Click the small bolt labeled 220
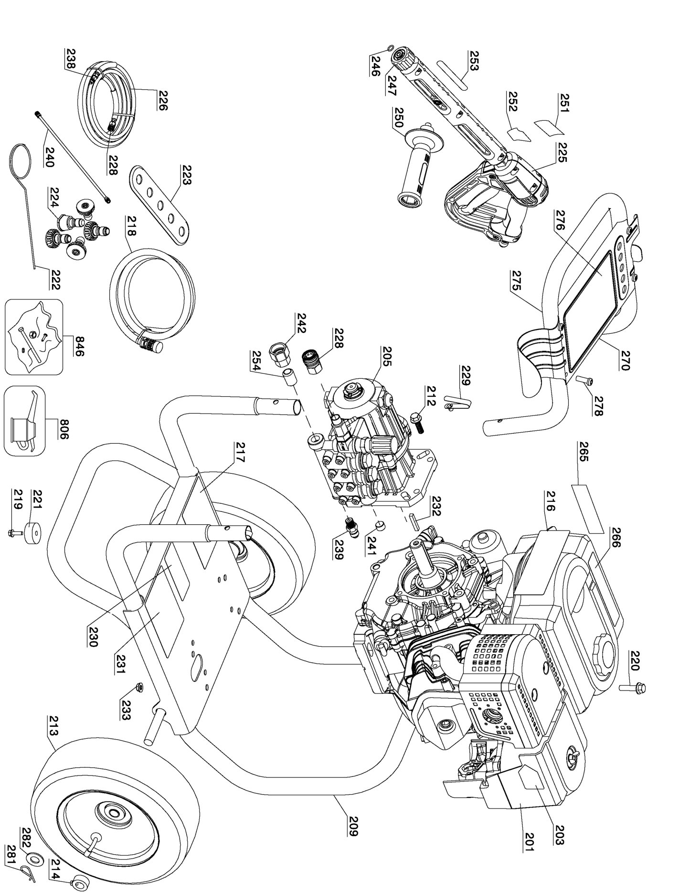(x=632, y=688)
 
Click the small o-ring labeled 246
(x=390, y=47)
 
